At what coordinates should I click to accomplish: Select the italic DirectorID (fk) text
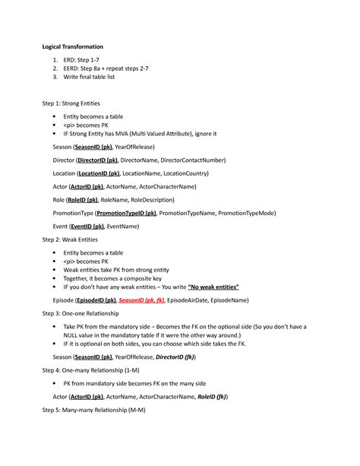tap(175, 357)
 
